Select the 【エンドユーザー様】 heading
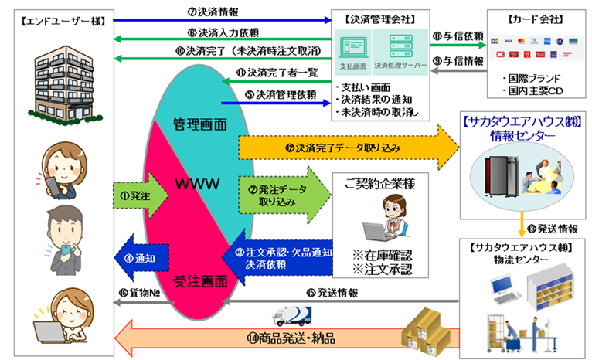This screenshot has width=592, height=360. point(55,17)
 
